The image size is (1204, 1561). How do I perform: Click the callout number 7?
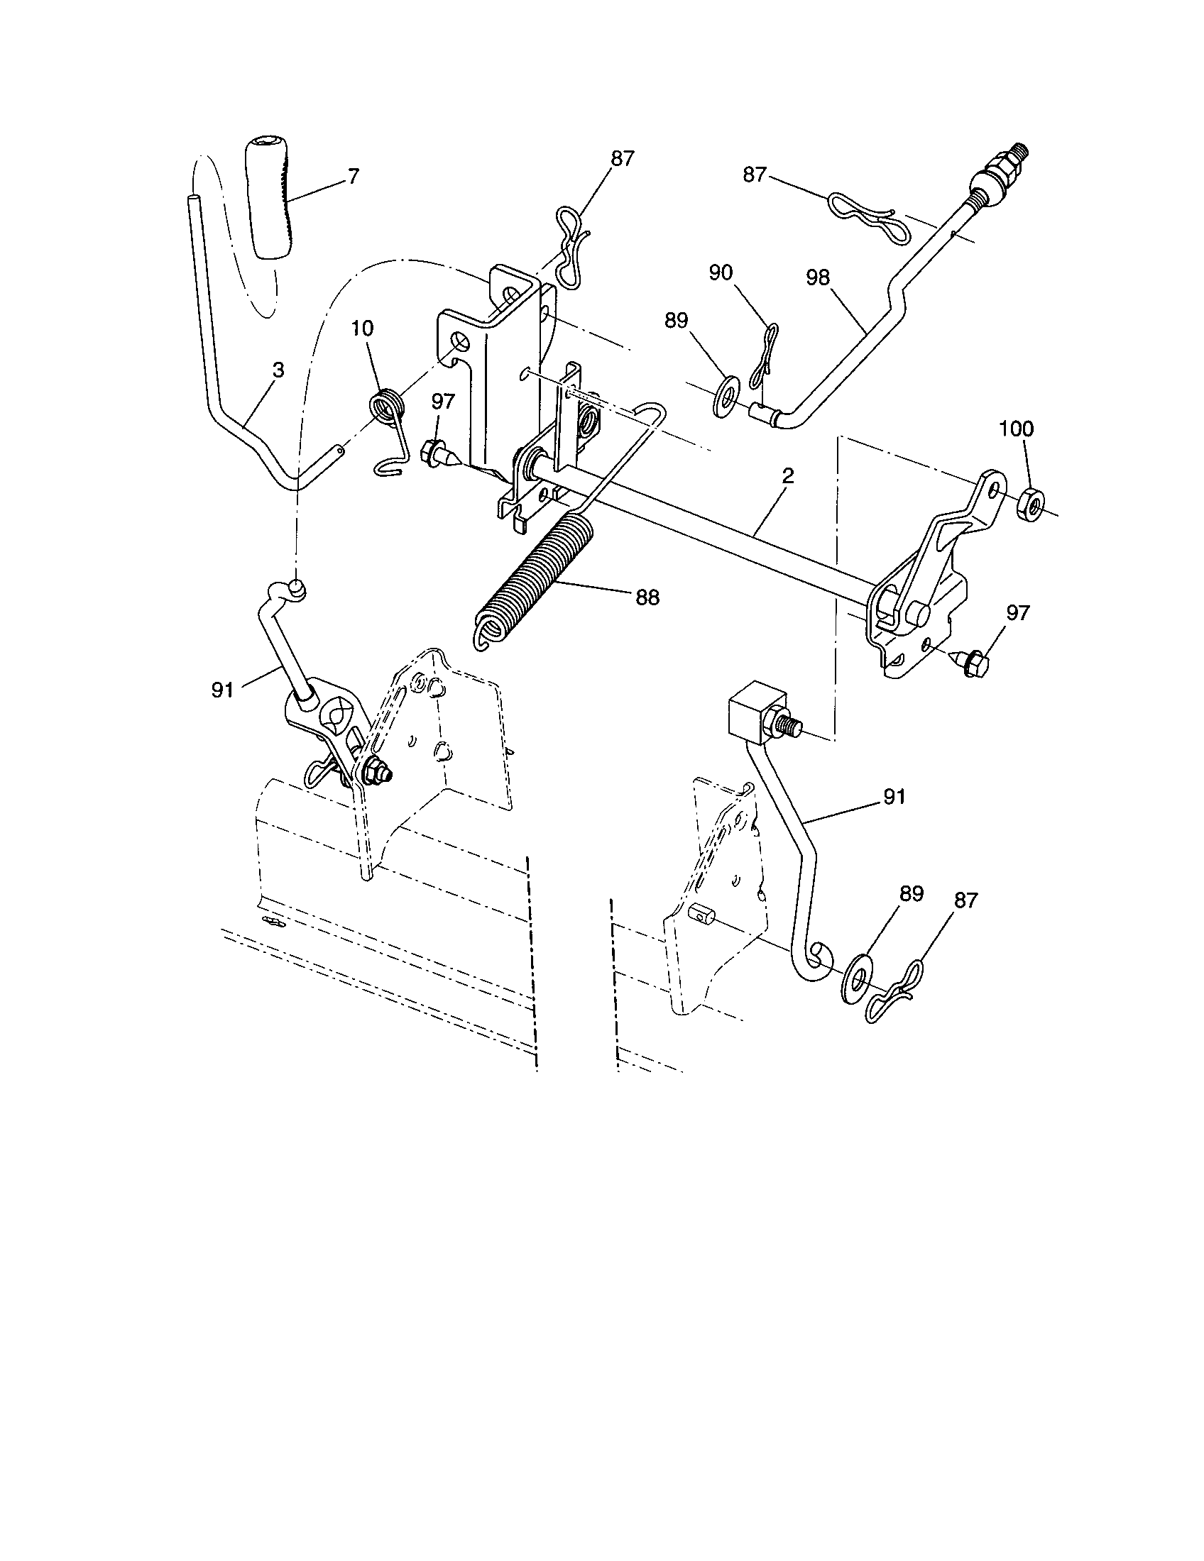tap(354, 176)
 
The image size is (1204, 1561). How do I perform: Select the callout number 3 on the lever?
tap(278, 370)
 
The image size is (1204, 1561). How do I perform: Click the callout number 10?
tap(362, 329)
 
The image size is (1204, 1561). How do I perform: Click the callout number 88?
tap(647, 597)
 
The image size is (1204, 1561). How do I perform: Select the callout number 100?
tap(1016, 429)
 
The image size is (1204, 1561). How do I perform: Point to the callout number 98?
tap(818, 277)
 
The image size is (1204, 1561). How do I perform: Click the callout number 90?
tap(721, 272)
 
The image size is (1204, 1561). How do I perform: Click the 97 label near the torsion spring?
tap(442, 402)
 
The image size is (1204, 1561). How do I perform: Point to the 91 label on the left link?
tap(222, 690)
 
